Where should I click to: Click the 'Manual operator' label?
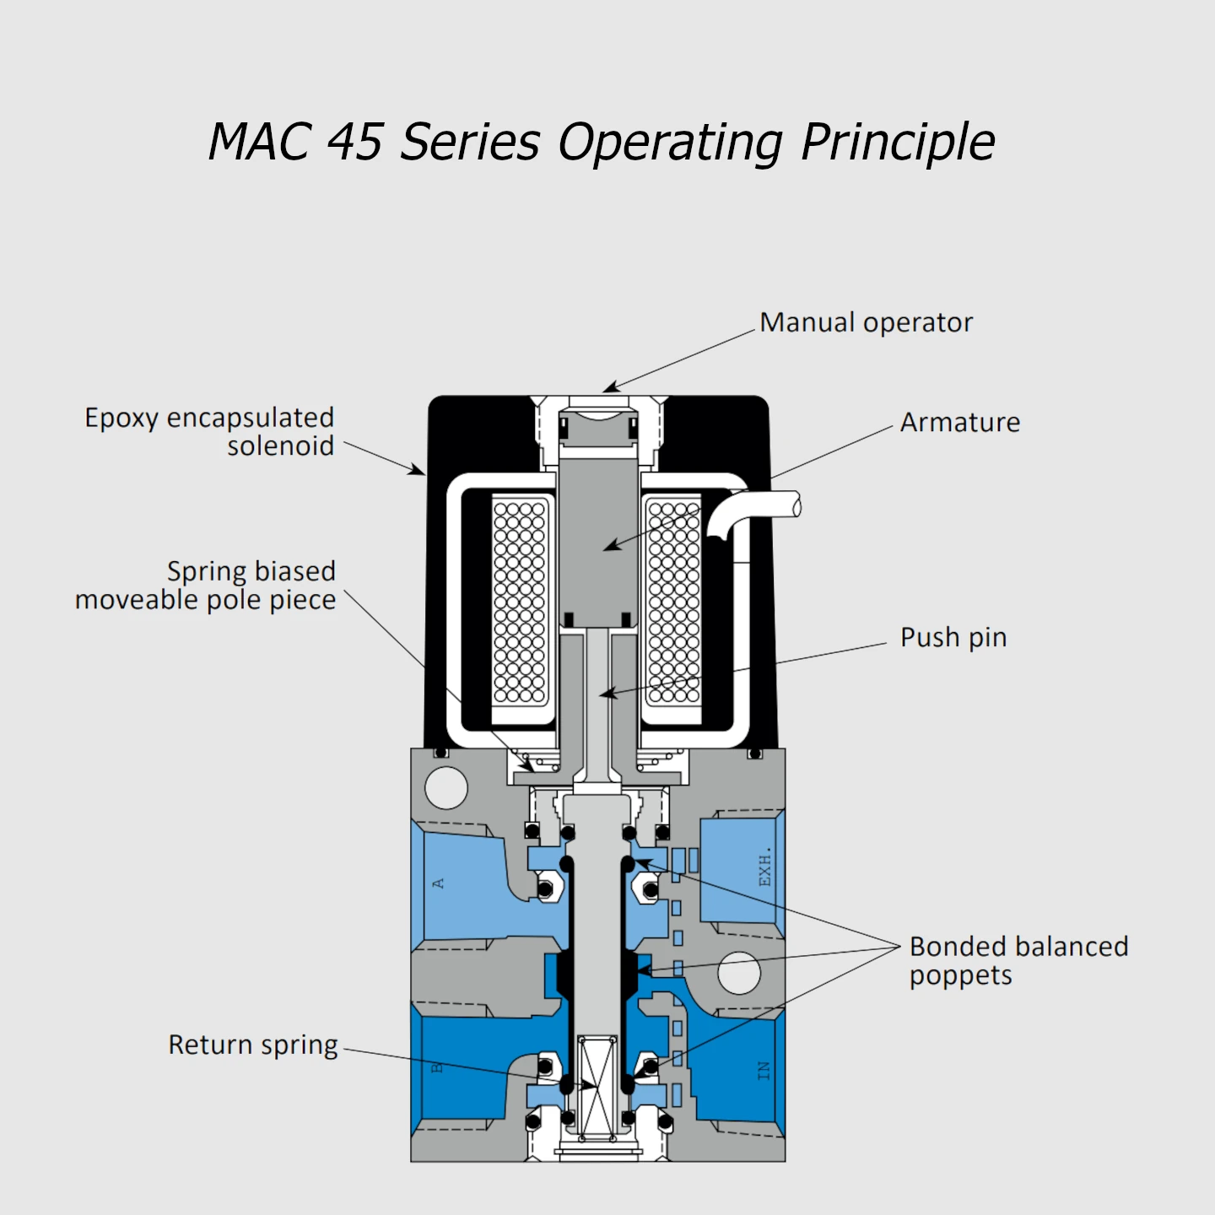(866, 322)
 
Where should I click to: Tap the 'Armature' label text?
(959, 422)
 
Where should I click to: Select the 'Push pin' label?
(953, 637)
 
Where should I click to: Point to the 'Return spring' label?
(253, 1045)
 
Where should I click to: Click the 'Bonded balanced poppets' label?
(1018, 960)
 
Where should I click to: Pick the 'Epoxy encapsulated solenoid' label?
(209, 431)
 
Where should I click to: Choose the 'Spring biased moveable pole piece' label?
(206, 585)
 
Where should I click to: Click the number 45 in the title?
(355, 142)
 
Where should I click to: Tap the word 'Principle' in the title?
(898, 142)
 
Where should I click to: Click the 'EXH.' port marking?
(764, 867)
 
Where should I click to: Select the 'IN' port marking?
(764, 1071)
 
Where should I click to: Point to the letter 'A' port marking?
(438, 883)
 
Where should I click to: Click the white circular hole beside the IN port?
(739, 973)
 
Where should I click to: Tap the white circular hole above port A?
(446, 788)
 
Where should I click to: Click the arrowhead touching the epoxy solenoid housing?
(418, 470)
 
